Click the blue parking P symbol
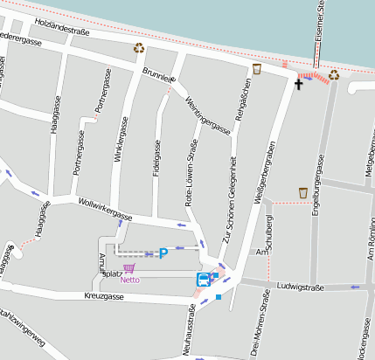coord(163,253)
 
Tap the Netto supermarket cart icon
coord(129,269)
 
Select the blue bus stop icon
coord(203,280)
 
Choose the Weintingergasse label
coord(207,114)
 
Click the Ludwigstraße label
coord(300,286)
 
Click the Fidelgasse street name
coord(156,156)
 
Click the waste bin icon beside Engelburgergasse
coord(303,192)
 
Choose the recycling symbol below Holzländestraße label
coord(138,49)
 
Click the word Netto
coord(129,280)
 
